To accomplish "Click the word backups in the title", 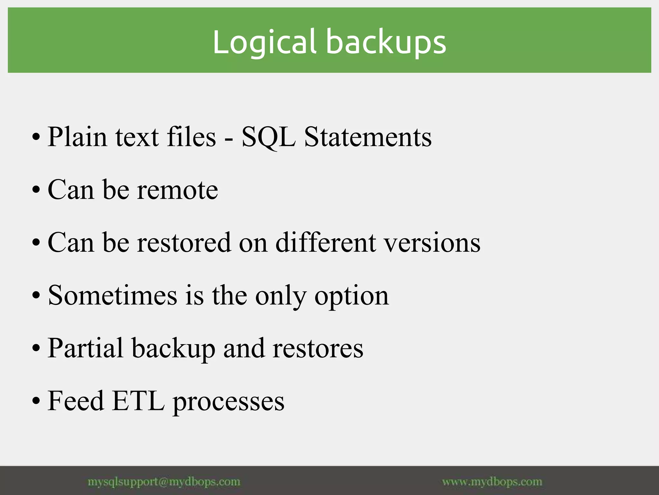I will (386, 42).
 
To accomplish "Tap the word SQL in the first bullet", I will (268, 137).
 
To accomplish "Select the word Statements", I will (368, 137).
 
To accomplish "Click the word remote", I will (177, 190).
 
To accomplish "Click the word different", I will (326, 242).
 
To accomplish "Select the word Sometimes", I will (112, 296).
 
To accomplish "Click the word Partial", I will (86, 348).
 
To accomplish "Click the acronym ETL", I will (139, 401).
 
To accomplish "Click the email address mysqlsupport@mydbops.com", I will (164, 482).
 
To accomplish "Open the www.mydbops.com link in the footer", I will (492, 482).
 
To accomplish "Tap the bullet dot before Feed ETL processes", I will (36, 402).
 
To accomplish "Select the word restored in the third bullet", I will (184, 242).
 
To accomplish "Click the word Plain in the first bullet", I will (77, 137).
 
